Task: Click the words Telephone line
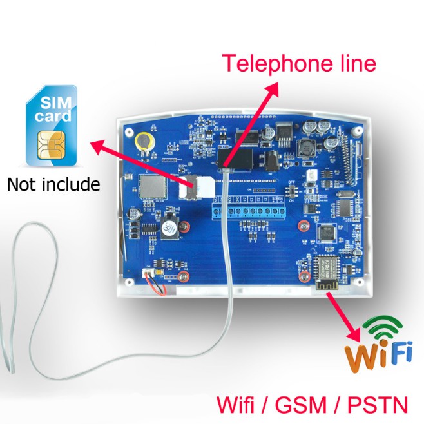coord(298,64)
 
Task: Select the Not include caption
coord(53,185)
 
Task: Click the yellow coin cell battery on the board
coord(143,139)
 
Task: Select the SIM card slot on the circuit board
coord(202,186)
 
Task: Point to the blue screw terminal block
coord(248,210)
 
